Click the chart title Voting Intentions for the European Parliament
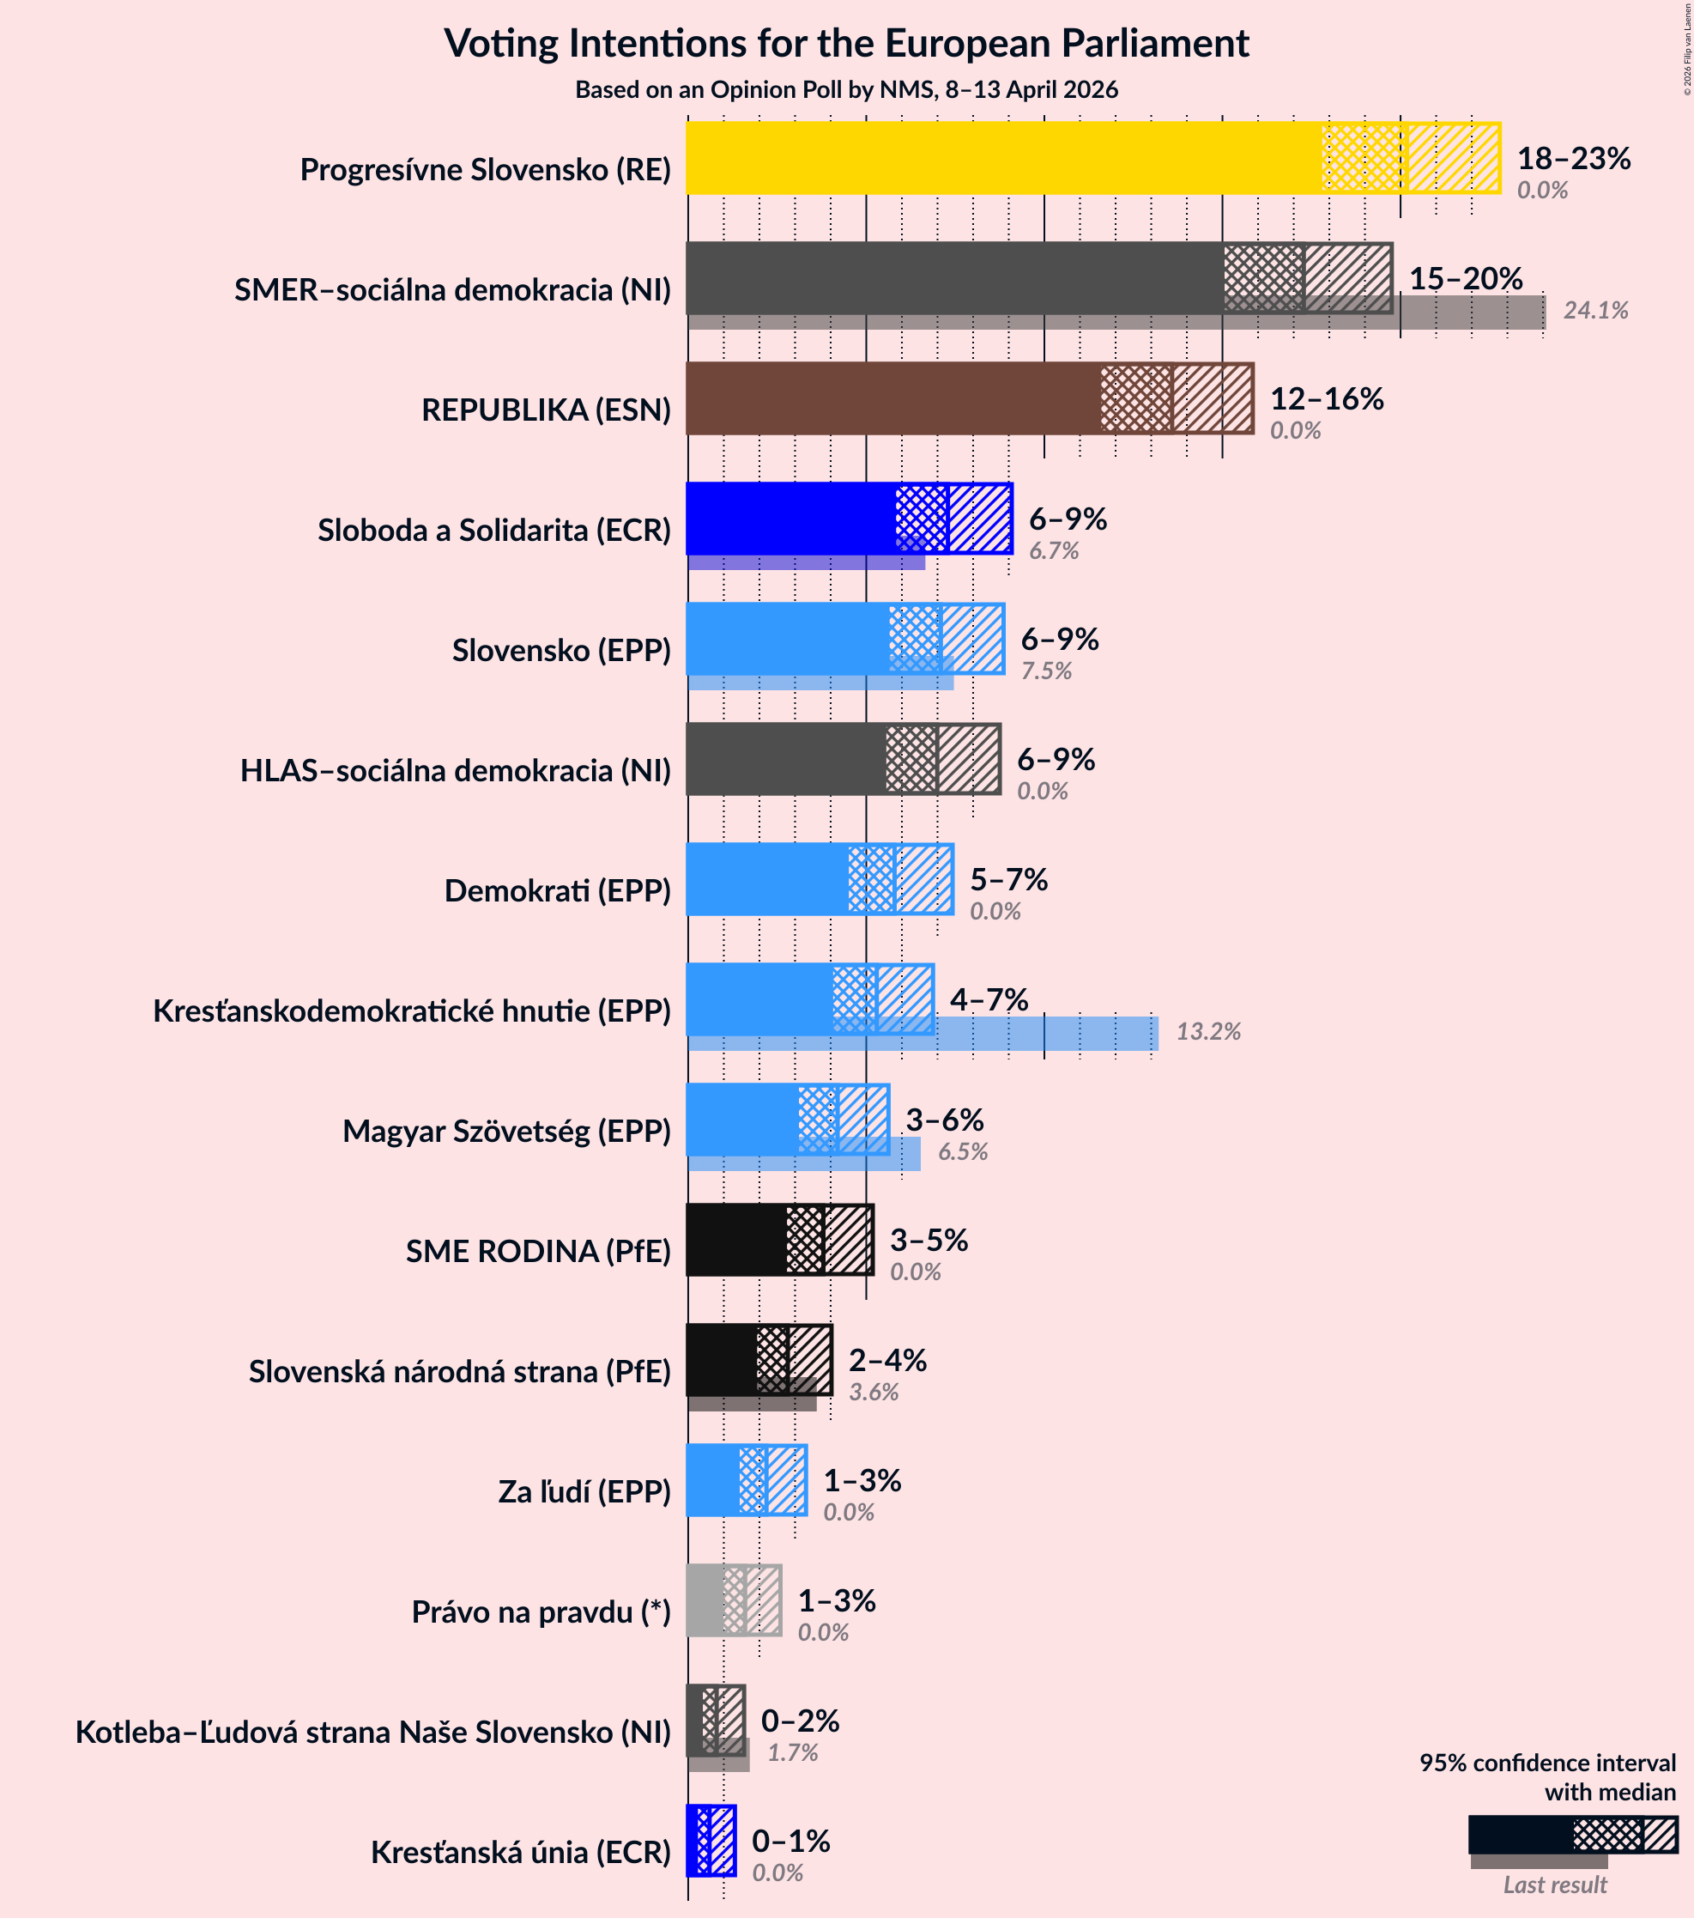[846, 44]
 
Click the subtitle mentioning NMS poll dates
[846, 90]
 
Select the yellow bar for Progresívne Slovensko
[1004, 158]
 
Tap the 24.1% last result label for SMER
[1594, 311]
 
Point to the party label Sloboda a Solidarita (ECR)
[494, 531]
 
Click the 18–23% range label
[1573, 159]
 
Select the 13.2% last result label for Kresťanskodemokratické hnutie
[1208, 1032]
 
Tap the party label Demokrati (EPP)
[557, 891]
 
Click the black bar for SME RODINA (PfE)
[736, 1240]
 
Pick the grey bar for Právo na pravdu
[705, 1599]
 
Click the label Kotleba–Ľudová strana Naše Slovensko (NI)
[373, 1733]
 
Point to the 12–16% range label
[1327, 399]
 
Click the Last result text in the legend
[1554, 1885]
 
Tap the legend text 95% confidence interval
[1546, 1763]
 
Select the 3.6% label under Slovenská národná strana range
[874, 1393]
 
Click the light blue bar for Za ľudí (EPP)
[713, 1480]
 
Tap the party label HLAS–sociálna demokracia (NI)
[456, 771]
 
